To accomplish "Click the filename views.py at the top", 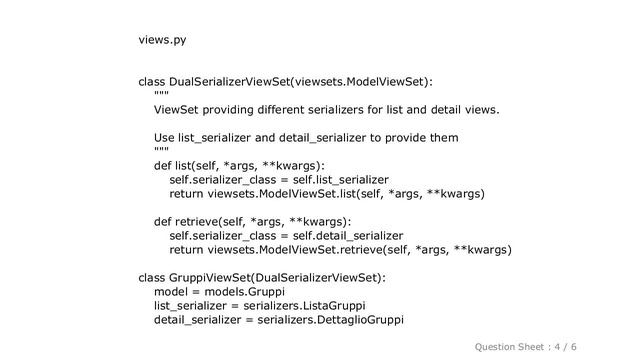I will (x=162, y=40).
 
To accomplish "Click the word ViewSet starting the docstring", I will (x=178, y=108).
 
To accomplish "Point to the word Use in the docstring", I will (x=165, y=137).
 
